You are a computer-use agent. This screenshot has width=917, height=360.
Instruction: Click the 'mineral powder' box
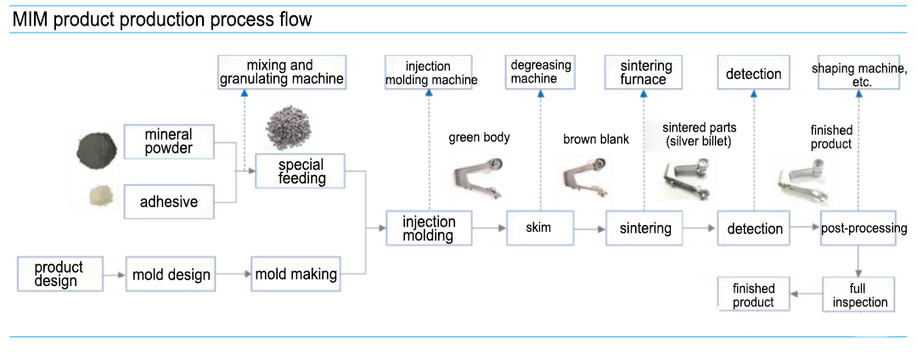pos(168,142)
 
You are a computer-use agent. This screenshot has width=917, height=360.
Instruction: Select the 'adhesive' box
pos(168,201)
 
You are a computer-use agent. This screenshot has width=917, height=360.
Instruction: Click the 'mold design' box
pos(171,274)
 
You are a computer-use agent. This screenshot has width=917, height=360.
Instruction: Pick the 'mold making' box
pos(295,274)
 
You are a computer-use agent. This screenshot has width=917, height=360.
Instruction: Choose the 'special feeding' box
pos(301,171)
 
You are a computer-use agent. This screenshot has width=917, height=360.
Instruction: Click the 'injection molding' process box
pos(429,228)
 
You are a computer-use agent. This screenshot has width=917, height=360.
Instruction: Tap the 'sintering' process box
pos(644,228)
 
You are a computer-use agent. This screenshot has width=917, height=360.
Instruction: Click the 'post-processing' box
pos(863,228)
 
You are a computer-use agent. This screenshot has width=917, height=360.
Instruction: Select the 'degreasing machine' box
pos(540,72)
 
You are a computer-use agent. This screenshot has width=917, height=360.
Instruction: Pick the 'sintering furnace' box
pos(646,72)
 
